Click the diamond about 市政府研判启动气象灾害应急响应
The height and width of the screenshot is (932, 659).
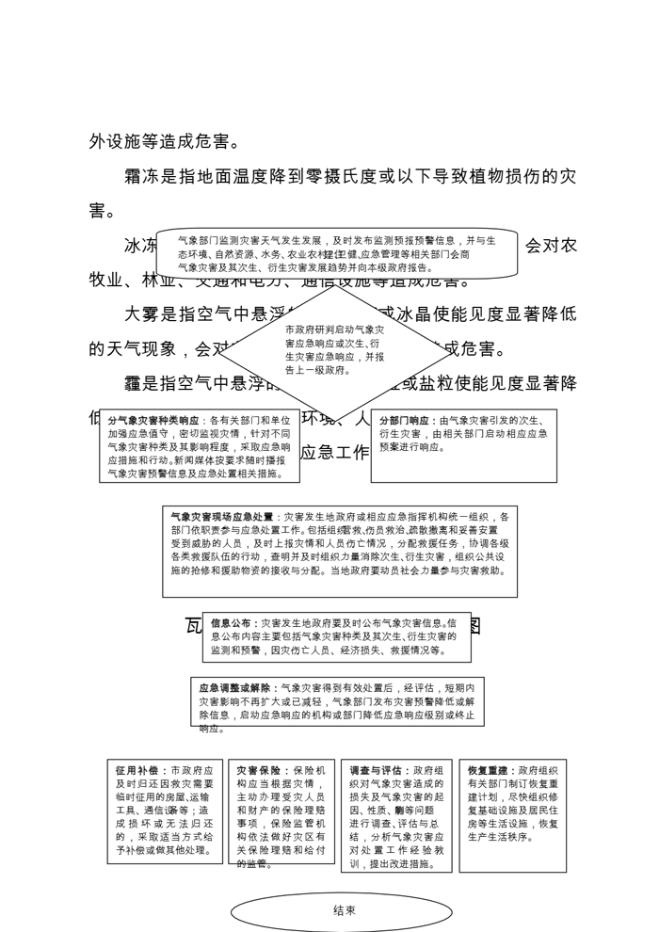334,349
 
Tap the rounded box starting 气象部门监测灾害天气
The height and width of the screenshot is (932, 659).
337,254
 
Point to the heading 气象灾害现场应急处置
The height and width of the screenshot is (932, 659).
222,517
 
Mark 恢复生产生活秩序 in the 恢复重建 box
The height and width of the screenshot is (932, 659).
500,836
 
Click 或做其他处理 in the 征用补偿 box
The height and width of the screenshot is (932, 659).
180,850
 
